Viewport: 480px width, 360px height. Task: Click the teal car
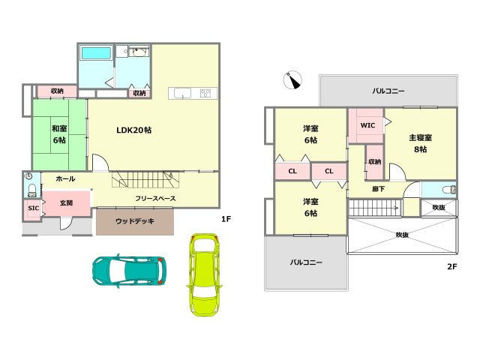point(129,271)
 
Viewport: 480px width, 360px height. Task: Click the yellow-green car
point(204,274)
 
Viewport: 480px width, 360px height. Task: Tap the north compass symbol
point(292,80)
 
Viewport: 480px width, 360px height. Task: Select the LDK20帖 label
point(133,130)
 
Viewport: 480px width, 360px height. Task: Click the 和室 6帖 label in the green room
point(59,134)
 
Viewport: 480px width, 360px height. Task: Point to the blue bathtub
point(96,53)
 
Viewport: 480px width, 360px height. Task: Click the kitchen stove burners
point(205,93)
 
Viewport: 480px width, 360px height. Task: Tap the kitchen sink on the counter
point(182,93)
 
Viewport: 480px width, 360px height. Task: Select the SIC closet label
point(33,208)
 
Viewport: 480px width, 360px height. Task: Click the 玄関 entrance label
point(66,202)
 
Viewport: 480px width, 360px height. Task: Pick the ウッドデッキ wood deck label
point(135,221)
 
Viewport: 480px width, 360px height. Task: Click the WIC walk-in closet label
point(367,125)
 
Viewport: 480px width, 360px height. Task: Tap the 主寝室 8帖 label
point(420,143)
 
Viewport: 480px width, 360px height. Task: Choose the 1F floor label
point(226,219)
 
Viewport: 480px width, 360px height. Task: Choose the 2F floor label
point(451,266)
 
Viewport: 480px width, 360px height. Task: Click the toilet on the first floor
point(31,190)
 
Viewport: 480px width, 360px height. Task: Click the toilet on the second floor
point(448,190)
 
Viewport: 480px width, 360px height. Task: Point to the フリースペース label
point(155,198)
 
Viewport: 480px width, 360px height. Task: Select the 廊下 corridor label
point(378,189)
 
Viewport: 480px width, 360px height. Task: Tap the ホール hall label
point(65,178)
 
